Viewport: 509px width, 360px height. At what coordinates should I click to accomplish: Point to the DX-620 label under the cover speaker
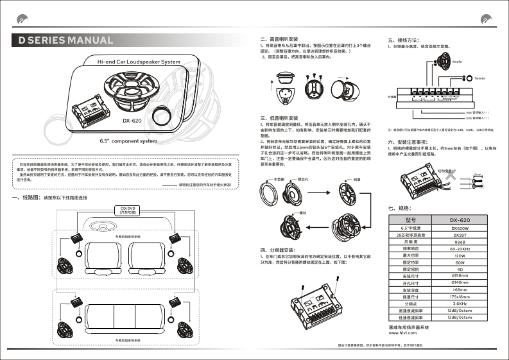point(132,119)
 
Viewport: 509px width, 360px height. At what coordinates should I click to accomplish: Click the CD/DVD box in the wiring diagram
point(126,210)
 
